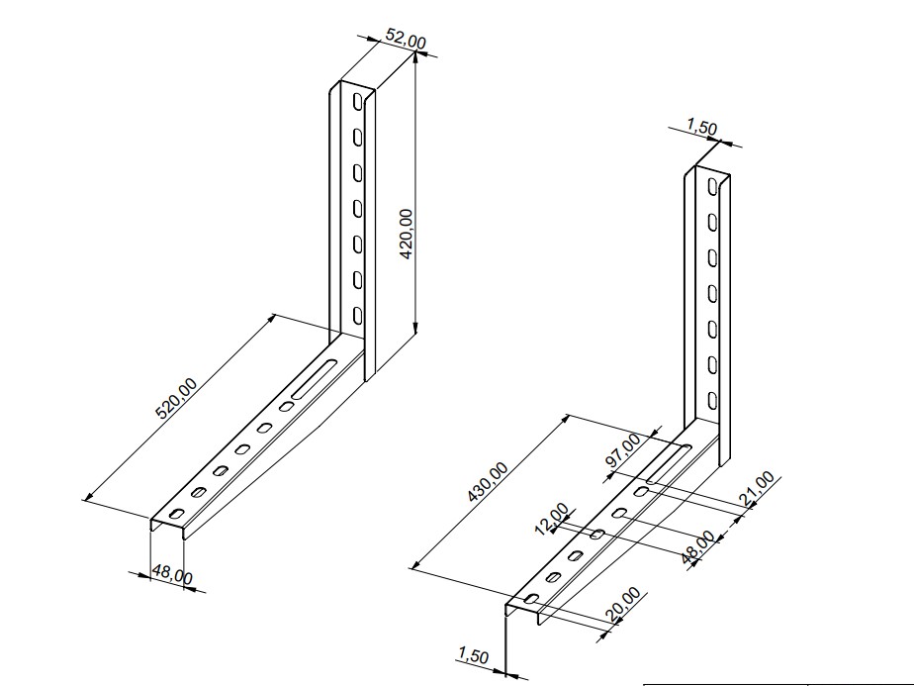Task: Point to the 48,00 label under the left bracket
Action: (x=171, y=574)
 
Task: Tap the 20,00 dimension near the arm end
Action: (x=626, y=606)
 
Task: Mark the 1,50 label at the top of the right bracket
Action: (x=700, y=128)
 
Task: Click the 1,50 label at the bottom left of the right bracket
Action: (x=473, y=654)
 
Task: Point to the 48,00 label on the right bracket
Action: (x=701, y=547)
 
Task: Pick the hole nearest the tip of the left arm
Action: (x=177, y=514)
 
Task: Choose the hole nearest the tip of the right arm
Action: (x=532, y=599)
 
